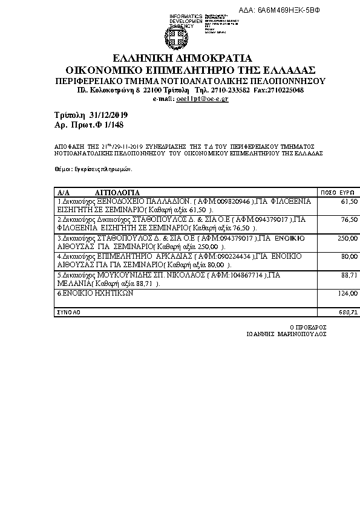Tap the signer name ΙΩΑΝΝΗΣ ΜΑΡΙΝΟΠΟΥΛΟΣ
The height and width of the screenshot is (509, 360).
[287, 333]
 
